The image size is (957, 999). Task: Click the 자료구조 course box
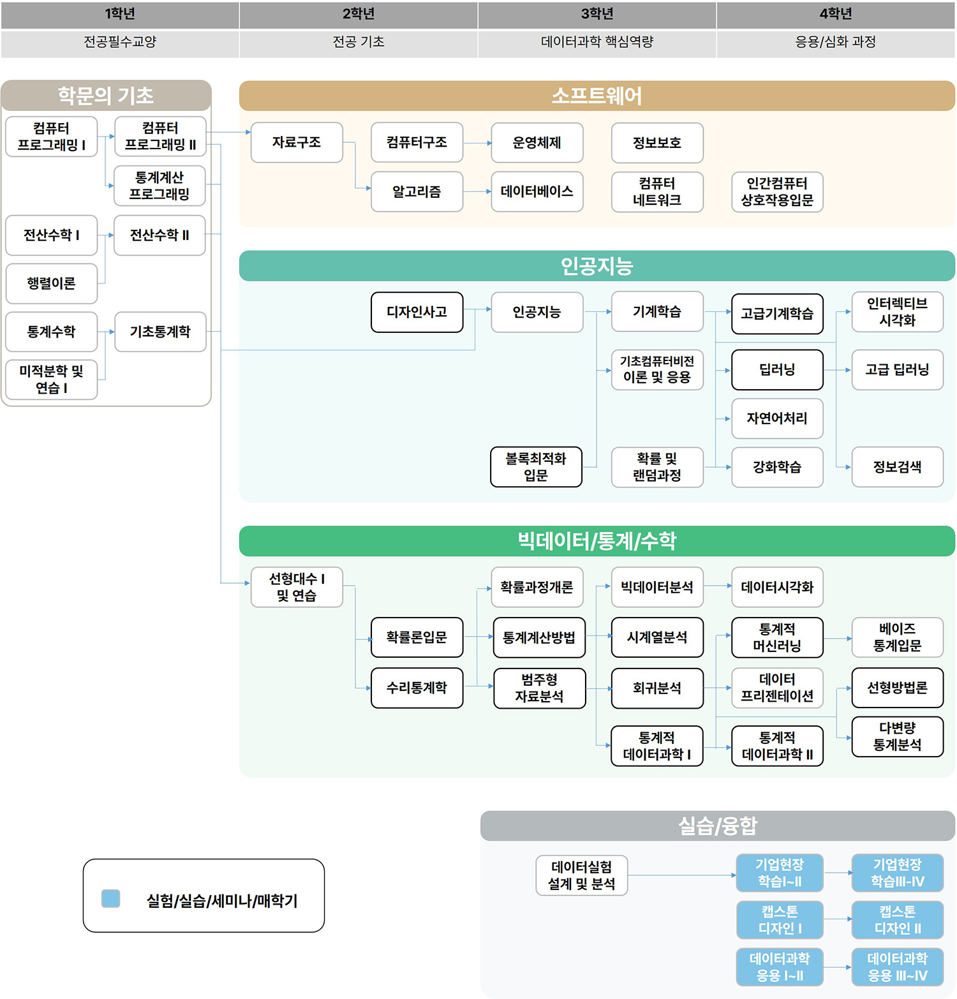point(297,142)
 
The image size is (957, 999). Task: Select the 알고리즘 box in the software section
point(417,191)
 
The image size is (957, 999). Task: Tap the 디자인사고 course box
point(417,312)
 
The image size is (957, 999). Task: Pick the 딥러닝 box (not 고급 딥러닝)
point(777,369)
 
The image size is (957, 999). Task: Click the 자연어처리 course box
point(777,418)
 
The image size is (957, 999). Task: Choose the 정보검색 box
point(897,467)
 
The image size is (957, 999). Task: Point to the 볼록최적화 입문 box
point(536,467)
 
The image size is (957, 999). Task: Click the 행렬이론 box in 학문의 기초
point(51,283)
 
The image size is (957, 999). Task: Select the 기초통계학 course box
point(160,332)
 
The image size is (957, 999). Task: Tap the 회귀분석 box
point(657,688)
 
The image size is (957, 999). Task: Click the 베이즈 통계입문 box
point(897,637)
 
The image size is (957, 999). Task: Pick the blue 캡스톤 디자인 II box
point(897,920)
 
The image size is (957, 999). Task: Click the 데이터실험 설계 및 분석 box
point(581,875)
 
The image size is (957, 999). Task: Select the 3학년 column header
point(597,15)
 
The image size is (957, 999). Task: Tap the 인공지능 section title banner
point(597,266)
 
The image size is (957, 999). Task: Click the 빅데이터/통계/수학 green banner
point(597,541)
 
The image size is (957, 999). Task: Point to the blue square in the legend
point(111,898)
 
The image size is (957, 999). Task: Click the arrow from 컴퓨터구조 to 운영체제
point(477,143)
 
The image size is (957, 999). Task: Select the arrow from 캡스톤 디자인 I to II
point(838,919)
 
